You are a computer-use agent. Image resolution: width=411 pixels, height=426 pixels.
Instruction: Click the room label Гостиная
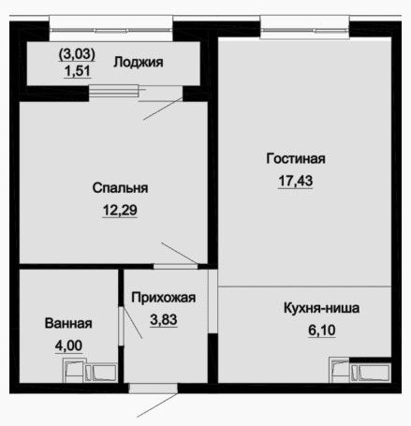[x=296, y=158]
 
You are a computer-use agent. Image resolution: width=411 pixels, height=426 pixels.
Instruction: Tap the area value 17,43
[x=296, y=181]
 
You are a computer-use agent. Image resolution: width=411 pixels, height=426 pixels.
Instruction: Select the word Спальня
[x=120, y=188]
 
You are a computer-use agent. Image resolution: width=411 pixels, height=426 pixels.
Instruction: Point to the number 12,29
[x=120, y=210]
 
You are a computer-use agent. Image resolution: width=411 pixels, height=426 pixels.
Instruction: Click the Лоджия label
[x=139, y=62]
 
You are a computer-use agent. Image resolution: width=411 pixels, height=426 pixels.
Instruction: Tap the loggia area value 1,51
[x=78, y=71]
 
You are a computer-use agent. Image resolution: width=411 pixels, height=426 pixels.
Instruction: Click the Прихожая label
[x=164, y=298]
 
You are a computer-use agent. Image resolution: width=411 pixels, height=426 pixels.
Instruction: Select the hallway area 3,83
[x=164, y=319]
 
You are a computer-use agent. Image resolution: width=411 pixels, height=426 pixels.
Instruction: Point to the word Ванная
[x=68, y=323]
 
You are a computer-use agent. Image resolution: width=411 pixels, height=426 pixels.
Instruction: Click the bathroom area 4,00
[x=68, y=345]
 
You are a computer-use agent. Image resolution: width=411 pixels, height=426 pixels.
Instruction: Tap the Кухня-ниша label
[x=322, y=308]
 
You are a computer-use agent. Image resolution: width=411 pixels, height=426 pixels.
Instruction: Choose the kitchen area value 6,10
[x=322, y=331]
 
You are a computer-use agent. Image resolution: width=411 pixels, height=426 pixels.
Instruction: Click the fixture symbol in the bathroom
[x=90, y=370]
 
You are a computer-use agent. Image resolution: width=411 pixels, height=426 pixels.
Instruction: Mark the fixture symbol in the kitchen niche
[x=360, y=371]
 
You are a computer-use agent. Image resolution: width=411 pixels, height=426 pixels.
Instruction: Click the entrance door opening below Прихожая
[x=154, y=389]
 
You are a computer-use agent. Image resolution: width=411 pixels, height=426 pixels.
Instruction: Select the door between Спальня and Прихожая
[x=176, y=267]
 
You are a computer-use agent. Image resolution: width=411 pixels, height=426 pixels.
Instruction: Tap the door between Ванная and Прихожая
[x=122, y=326]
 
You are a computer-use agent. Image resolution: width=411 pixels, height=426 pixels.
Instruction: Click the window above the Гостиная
[x=305, y=30]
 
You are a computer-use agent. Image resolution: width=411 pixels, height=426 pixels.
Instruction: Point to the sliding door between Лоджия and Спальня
[x=136, y=93]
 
